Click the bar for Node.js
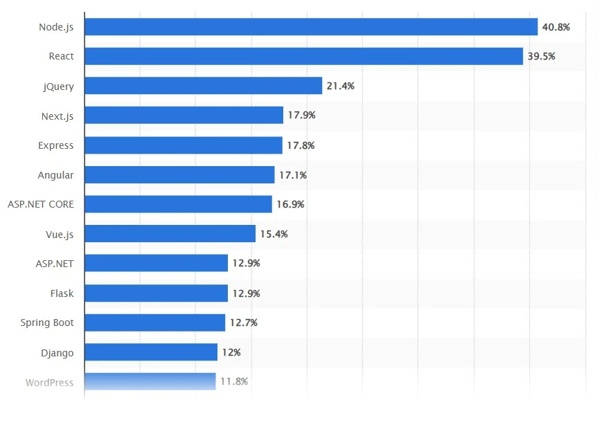click(311, 27)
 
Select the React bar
click(303, 56)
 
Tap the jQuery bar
click(203, 86)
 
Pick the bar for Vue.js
click(170, 234)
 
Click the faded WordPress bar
click(150, 381)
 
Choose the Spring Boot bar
click(154, 322)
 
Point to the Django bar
click(151, 352)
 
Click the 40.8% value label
click(555, 27)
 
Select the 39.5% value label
click(541, 56)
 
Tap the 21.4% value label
click(340, 86)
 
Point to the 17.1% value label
click(292, 175)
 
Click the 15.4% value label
click(274, 234)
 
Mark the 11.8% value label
click(233, 381)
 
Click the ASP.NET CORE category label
click(41, 204)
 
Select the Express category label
click(56, 145)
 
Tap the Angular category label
click(55, 175)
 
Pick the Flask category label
click(62, 293)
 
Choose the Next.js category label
click(57, 116)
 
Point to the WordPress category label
click(49, 382)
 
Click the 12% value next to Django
click(231, 352)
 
